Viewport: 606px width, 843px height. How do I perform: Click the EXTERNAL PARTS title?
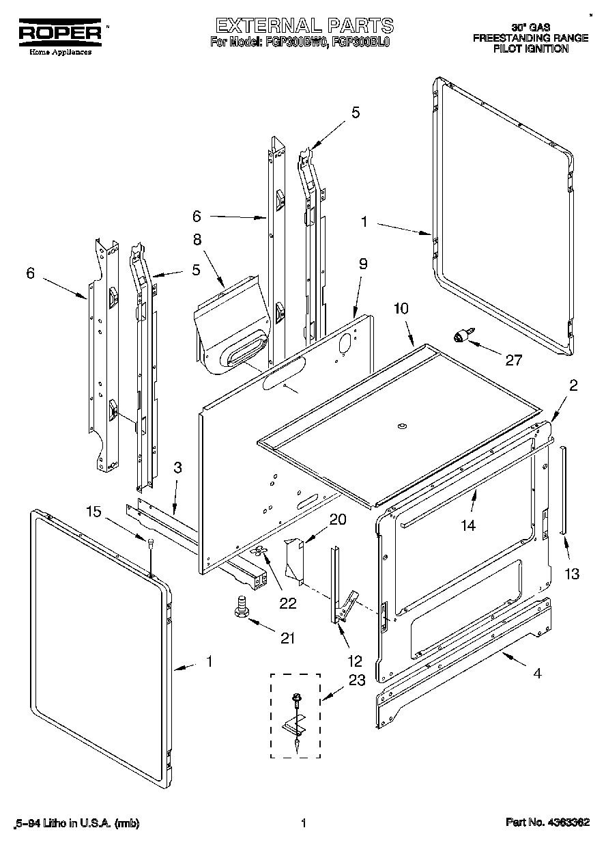coord(304,26)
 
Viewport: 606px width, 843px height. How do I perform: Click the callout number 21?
coord(287,637)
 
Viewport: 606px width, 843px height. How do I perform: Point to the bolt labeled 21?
coord(240,606)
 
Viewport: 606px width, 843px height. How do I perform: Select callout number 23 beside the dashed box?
coord(357,680)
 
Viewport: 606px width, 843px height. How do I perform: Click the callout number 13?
coord(571,573)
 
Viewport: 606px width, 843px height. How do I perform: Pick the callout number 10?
coord(401,308)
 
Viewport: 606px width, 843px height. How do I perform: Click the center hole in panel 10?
coord(401,427)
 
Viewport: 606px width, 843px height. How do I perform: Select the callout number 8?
coord(197,240)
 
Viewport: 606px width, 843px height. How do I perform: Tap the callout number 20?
coord(337,519)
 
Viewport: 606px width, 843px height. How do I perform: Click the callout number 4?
coord(537,673)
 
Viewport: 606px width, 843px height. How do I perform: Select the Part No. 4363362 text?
coord(547,823)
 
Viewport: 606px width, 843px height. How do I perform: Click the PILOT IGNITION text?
coord(530,49)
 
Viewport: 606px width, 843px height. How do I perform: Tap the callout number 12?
coord(354,661)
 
